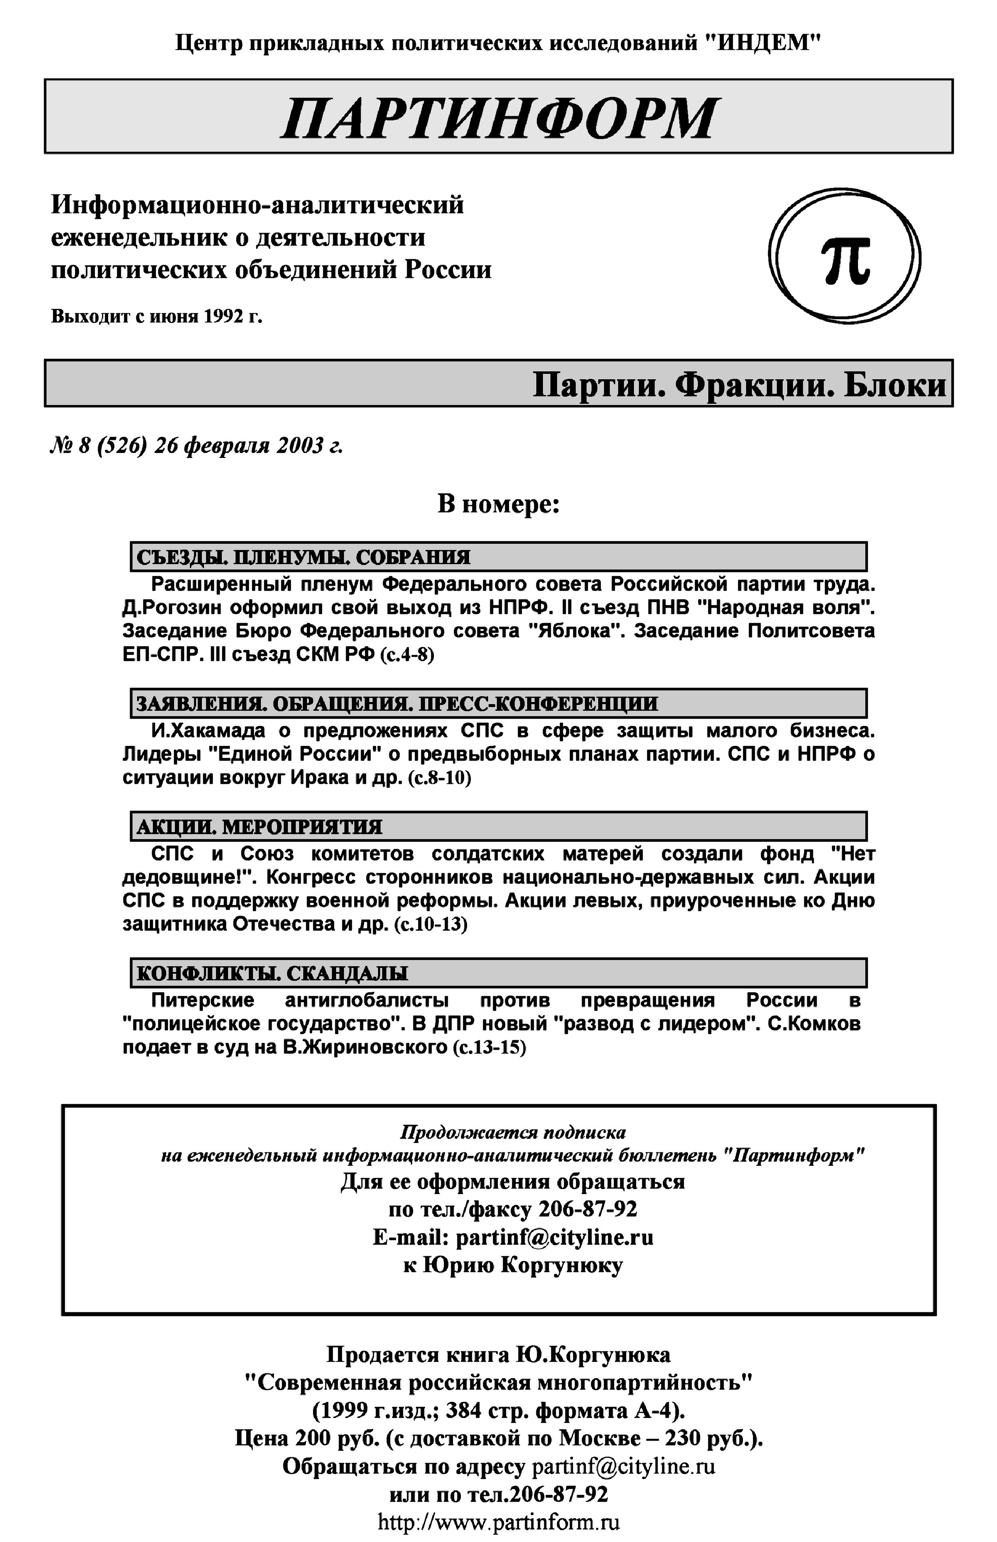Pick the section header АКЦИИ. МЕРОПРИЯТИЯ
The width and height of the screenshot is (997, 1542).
click(x=259, y=827)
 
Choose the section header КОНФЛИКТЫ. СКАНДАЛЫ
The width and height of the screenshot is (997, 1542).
click(x=272, y=973)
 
